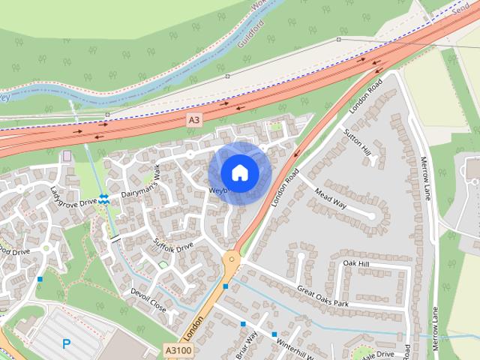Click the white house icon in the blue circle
[239, 172]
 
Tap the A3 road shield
[194, 120]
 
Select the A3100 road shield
[178, 349]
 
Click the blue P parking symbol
[67, 344]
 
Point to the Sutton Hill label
[357, 142]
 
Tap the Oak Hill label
[356, 264]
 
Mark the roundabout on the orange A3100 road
[231, 261]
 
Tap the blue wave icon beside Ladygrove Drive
[103, 199]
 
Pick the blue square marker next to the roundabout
[225, 286]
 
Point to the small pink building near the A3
[67, 156]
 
